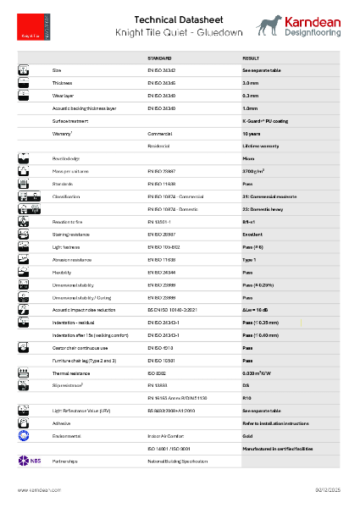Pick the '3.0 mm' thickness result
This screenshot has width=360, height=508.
click(x=250, y=84)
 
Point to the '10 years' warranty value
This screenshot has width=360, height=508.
click(x=252, y=134)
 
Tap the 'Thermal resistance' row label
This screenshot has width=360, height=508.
click(x=70, y=373)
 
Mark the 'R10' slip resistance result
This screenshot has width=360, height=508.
click(x=247, y=398)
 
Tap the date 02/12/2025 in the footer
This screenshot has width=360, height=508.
click(x=327, y=490)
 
